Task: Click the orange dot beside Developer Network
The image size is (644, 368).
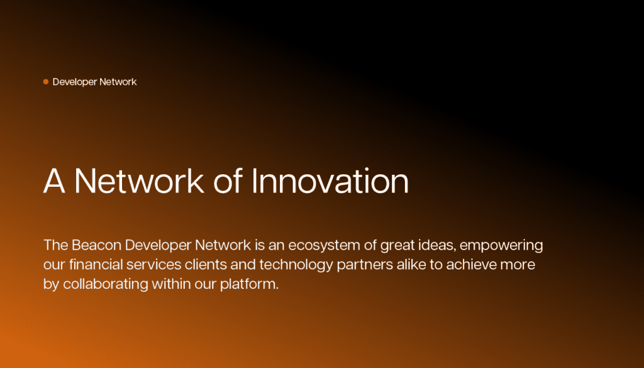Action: [x=46, y=82]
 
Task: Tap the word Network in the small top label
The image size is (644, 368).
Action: [x=118, y=82]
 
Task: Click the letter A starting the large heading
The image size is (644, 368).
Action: [x=54, y=181]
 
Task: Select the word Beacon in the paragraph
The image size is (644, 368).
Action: [x=96, y=245]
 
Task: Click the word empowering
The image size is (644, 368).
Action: [x=501, y=245]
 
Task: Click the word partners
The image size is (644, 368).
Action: [x=365, y=265]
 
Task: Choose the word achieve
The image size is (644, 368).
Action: [x=472, y=264]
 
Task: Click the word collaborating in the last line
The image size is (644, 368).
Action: [x=106, y=284]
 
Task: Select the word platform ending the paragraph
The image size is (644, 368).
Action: [x=249, y=284]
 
